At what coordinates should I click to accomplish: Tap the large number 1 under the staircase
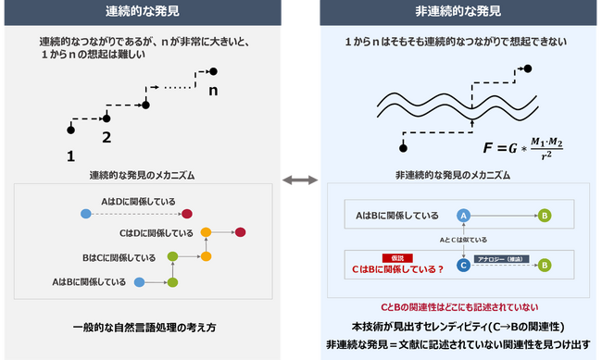pyautogui.click(x=69, y=156)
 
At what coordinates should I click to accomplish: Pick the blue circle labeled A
pyautogui.click(x=464, y=215)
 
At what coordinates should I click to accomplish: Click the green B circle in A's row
pyautogui.click(x=545, y=215)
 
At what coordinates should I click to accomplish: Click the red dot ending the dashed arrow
pyautogui.click(x=187, y=214)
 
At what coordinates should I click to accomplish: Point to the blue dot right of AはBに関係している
pyautogui.click(x=139, y=280)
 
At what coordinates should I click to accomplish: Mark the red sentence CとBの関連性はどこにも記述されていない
pyautogui.click(x=459, y=306)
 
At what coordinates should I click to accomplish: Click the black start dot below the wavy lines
pyautogui.click(x=403, y=146)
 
